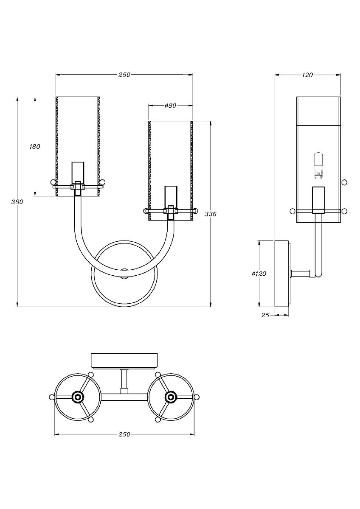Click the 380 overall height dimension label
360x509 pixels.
pyautogui.click(x=17, y=202)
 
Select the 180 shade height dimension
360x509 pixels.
pyautogui.click(x=35, y=147)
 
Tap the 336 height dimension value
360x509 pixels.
pyautogui.click(x=211, y=214)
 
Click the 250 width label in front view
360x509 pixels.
pyautogui.click(x=124, y=75)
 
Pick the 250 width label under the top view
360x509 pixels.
pyautogui.click(x=124, y=434)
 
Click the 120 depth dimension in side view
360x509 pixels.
pyautogui.click(x=307, y=75)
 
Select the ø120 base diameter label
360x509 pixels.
pyautogui.click(x=259, y=274)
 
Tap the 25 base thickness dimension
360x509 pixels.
pyautogui.click(x=265, y=315)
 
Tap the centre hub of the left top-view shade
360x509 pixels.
pyautogui.click(x=78, y=397)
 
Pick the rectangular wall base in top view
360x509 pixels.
pyautogui.click(x=125, y=360)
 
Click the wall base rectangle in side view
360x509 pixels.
pyautogui.click(x=282, y=274)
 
